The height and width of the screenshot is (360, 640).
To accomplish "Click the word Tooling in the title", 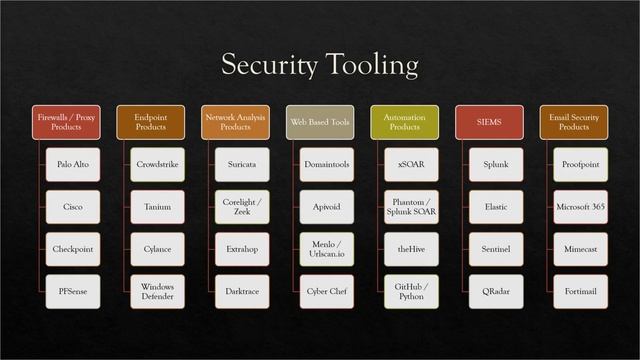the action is (x=369, y=66).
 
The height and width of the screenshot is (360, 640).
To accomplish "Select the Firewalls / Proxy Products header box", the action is (x=66, y=122).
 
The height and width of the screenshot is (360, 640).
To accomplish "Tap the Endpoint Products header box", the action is (x=150, y=122).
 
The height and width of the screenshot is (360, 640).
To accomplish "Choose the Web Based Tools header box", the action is (x=320, y=122).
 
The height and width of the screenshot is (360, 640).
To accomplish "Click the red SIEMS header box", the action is (x=489, y=122).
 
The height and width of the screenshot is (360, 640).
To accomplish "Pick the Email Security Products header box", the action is (x=573, y=122).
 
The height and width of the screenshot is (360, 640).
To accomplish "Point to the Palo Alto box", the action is (x=73, y=164).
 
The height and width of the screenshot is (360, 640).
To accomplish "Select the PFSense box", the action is (x=73, y=291).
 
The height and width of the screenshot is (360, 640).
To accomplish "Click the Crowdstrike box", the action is (x=157, y=164).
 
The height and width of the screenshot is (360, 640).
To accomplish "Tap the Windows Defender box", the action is (x=157, y=291).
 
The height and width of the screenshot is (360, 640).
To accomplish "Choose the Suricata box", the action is (x=242, y=164).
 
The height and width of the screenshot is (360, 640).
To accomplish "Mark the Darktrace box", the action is (x=242, y=291).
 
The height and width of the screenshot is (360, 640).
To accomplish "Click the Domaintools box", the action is (x=327, y=164).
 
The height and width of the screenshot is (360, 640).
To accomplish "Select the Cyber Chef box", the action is (x=327, y=291).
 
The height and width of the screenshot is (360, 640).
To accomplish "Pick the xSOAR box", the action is (x=411, y=164).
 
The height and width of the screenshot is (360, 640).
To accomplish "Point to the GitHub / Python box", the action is (x=411, y=291).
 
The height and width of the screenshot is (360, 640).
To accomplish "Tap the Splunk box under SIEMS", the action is (x=496, y=164).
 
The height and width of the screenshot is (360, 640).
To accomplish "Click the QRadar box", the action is (x=496, y=291).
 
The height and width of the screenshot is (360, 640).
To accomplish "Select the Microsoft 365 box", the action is (x=580, y=207).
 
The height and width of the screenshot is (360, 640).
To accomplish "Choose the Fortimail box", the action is (x=580, y=291).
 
